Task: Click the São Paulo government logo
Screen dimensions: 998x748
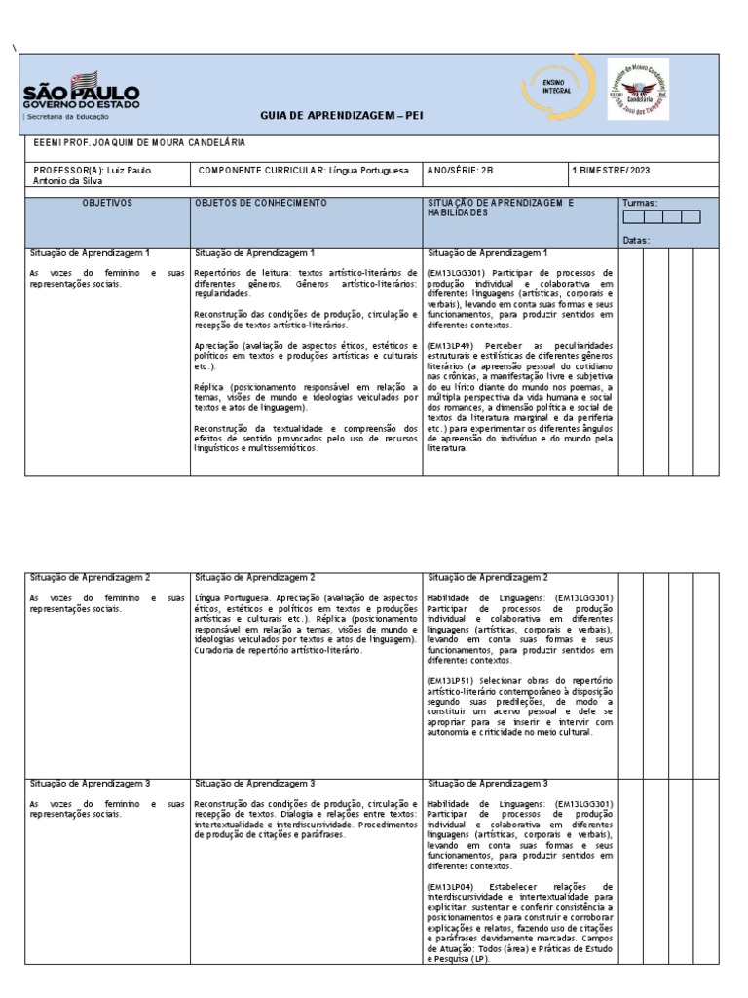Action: pyautogui.click(x=81, y=96)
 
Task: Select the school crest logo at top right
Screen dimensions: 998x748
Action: pyautogui.click(x=637, y=89)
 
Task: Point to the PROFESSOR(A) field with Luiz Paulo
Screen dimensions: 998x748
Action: pyautogui.click(x=93, y=174)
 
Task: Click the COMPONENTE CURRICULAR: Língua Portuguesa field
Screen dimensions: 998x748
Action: pyautogui.click(x=303, y=170)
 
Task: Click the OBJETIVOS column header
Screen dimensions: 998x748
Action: pyautogui.click(x=107, y=203)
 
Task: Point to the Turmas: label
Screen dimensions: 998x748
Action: pyautogui.click(x=639, y=203)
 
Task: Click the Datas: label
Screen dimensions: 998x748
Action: pyautogui.click(x=636, y=240)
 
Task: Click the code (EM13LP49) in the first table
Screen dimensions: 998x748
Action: pyautogui.click(x=449, y=344)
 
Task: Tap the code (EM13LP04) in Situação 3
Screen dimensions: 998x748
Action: pyautogui.click(x=449, y=885)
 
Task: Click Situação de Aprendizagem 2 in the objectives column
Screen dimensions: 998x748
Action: pyautogui.click(x=90, y=578)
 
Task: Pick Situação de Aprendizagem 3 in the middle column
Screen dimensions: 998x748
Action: pyautogui.click(x=254, y=783)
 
